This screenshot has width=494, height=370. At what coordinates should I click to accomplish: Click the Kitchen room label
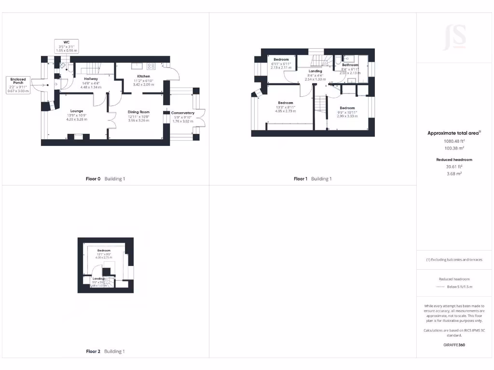(143, 77)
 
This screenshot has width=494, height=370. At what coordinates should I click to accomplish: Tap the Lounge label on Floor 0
(77, 111)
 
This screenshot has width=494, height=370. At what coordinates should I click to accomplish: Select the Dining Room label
(138, 112)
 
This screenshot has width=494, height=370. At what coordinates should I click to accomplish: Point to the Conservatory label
(183, 113)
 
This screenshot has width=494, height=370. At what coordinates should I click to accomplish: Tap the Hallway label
(91, 79)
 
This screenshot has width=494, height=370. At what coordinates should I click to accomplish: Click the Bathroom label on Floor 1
(350, 65)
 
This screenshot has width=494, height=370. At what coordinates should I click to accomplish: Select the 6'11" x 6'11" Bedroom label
(281, 60)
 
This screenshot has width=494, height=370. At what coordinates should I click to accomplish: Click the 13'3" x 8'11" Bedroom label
(286, 103)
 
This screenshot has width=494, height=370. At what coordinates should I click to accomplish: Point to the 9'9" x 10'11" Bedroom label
(347, 108)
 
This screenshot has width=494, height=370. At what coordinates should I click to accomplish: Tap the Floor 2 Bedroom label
(104, 251)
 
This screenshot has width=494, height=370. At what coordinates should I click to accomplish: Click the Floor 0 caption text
(93, 179)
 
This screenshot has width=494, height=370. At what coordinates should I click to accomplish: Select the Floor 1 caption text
(300, 179)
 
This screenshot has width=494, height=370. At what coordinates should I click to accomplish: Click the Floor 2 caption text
(93, 351)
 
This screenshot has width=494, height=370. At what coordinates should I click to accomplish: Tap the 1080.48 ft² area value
(455, 141)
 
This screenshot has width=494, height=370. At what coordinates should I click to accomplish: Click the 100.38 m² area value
(455, 148)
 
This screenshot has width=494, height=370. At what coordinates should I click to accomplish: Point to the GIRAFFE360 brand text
(455, 345)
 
